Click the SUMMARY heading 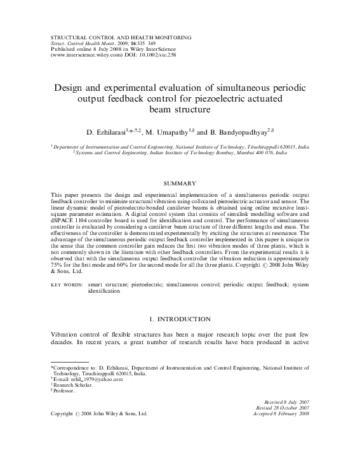pyautogui.click(x=180, y=183)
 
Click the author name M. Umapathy pyautogui.click(x=168, y=133)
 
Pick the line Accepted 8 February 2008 pyautogui.click(x=287, y=413)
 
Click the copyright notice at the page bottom pyautogui.click(x=99, y=413)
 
